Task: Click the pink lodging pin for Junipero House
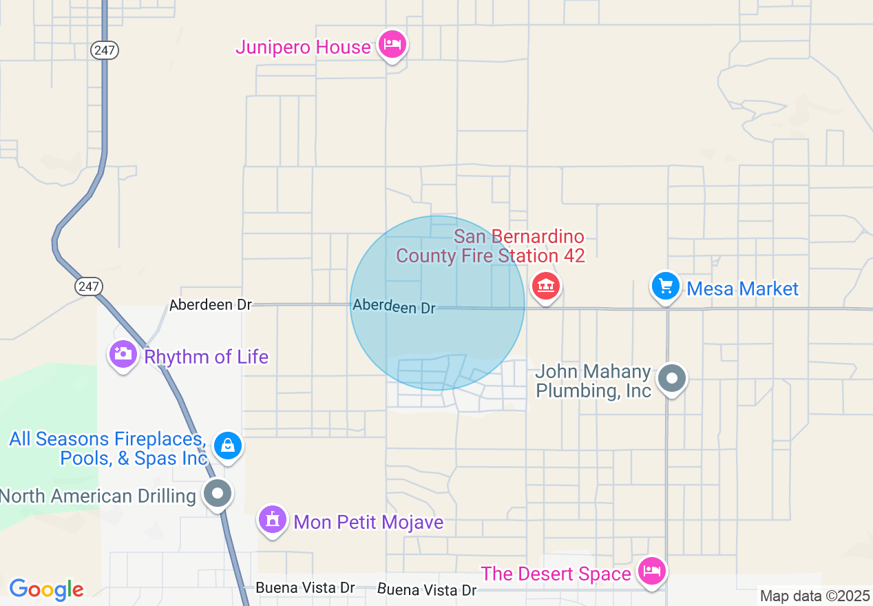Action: point(392,45)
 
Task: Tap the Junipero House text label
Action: point(303,47)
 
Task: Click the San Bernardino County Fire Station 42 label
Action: point(491,247)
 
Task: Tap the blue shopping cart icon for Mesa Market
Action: point(666,286)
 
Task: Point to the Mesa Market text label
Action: point(742,289)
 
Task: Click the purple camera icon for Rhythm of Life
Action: point(123,355)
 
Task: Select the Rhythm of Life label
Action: point(206,357)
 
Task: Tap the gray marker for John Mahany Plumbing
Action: point(671,378)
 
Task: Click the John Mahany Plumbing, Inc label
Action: point(593,381)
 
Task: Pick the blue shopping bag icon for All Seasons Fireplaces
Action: point(227,446)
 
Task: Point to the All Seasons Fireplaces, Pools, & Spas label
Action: point(108,448)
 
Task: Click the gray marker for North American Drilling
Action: point(218,493)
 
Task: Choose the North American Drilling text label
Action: point(98,496)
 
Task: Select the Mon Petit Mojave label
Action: point(368,522)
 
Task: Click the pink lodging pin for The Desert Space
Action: point(651,571)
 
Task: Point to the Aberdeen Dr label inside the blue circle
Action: point(394,306)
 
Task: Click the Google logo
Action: point(46,589)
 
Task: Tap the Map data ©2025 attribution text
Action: point(815,596)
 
